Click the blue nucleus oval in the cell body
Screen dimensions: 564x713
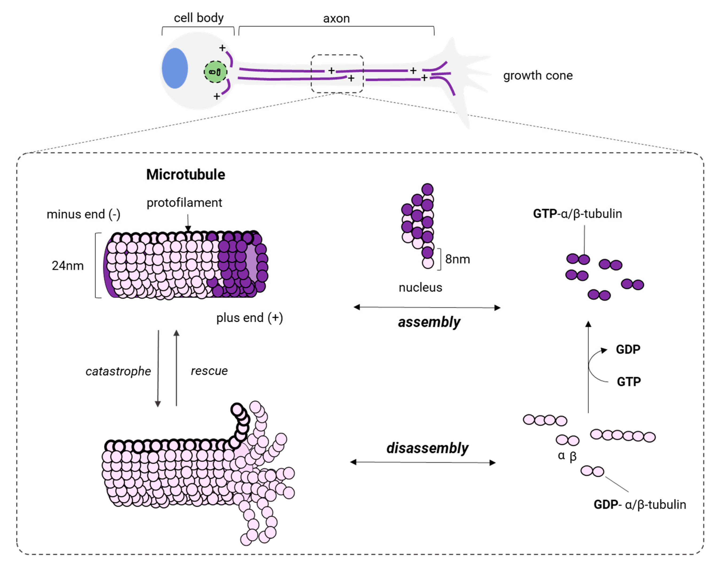point(175,68)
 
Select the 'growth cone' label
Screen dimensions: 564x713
point(538,76)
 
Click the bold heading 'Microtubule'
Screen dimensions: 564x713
point(185,174)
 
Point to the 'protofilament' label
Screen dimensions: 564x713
point(184,202)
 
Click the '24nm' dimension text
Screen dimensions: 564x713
point(68,265)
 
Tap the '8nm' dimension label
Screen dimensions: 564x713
point(457,259)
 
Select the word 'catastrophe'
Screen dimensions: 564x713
point(118,371)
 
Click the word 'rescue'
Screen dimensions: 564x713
point(209,371)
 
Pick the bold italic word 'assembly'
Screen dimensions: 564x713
point(429,322)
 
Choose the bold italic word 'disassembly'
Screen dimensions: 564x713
point(427,448)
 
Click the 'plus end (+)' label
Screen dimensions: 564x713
point(249,318)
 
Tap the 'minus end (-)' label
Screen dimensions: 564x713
point(83,214)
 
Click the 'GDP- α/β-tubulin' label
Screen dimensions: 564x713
point(639,505)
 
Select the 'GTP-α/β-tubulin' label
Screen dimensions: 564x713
point(577,214)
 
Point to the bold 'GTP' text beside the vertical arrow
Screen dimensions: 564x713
point(628,382)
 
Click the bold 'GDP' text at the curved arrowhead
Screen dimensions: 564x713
point(628,349)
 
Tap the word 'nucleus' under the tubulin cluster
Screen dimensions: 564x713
point(420,287)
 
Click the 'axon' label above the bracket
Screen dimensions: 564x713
point(336,18)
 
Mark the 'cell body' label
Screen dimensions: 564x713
point(199,18)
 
